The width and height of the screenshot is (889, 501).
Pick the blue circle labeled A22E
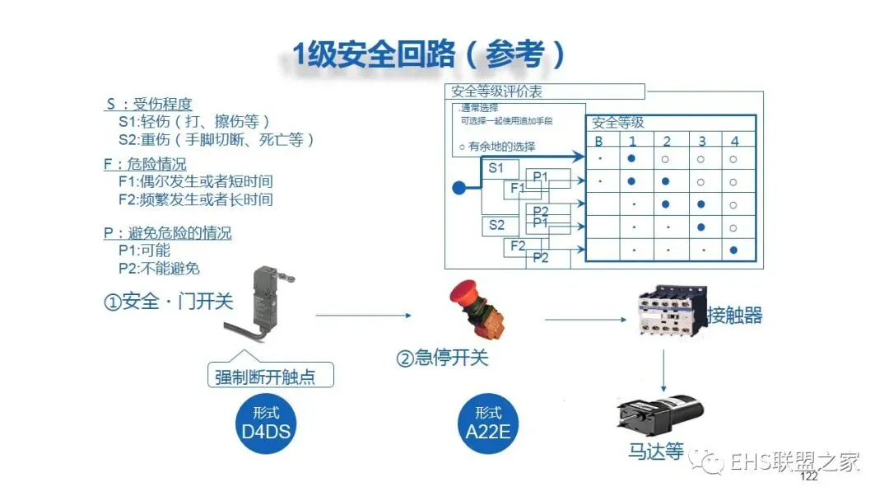pyautogui.click(x=488, y=421)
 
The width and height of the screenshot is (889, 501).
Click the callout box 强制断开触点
pyautogui.click(x=270, y=377)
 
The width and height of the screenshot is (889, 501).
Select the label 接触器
pyautogui.click(x=734, y=315)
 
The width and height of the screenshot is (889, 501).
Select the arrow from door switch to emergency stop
pyautogui.click(x=362, y=315)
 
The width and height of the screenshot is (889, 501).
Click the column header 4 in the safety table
pyautogui.click(x=734, y=141)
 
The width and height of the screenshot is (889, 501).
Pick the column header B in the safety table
pyautogui.click(x=599, y=141)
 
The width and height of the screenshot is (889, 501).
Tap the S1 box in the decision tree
pyautogui.click(x=497, y=169)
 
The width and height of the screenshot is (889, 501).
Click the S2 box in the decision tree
pyautogui.click(x=497, y=225)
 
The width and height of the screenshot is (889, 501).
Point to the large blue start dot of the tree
pyautogui.click(x=458, y=188)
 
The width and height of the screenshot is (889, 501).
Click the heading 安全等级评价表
pyautogui.click(x=497, y=91)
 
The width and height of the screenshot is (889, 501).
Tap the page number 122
pyautogui.click(x=808, y=477)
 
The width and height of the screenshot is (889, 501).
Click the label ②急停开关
pyautogui.click(x=442, y=358)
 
